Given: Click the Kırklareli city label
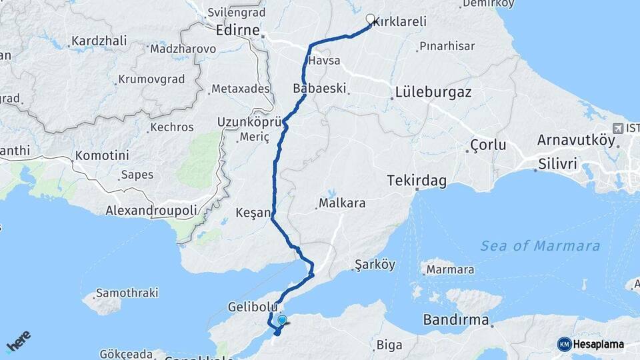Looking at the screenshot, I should point(400,22).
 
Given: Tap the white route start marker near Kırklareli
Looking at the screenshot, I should point(370,19).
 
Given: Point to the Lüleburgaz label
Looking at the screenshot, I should point(433,93).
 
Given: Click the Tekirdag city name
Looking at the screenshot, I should point(417,181).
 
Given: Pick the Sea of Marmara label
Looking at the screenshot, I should point(540,246).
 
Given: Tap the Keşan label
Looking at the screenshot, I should point(253,213).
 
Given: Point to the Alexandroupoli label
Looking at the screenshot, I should point(151,211).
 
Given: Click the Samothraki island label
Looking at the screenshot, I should point(127,293).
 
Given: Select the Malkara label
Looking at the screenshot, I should point(342,203).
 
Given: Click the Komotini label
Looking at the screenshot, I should point(101,155).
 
